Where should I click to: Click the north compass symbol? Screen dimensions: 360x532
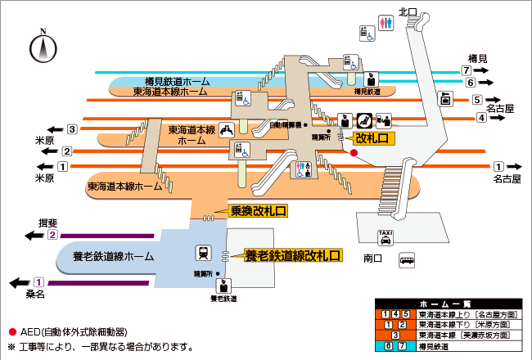(41, 47)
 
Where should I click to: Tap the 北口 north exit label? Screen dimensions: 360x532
(408, 11)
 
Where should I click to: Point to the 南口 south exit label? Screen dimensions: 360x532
(373, 258)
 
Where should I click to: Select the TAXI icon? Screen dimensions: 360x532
(385, 238)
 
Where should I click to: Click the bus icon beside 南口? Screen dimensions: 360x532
(407, 261)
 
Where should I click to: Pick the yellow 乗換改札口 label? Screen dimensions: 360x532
(258, 211)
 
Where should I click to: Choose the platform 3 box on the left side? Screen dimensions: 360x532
(72, 128)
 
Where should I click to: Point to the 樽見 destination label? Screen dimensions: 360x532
(478, 57)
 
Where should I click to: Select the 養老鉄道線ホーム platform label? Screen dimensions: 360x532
(115, 256)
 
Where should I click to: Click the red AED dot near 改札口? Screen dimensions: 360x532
(354, 152)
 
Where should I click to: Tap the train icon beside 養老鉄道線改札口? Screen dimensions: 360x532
(201, 253)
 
